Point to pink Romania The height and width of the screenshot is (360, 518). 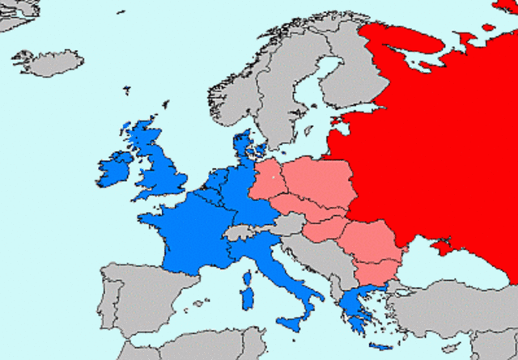pyautogui.click(x=368, y=243)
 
